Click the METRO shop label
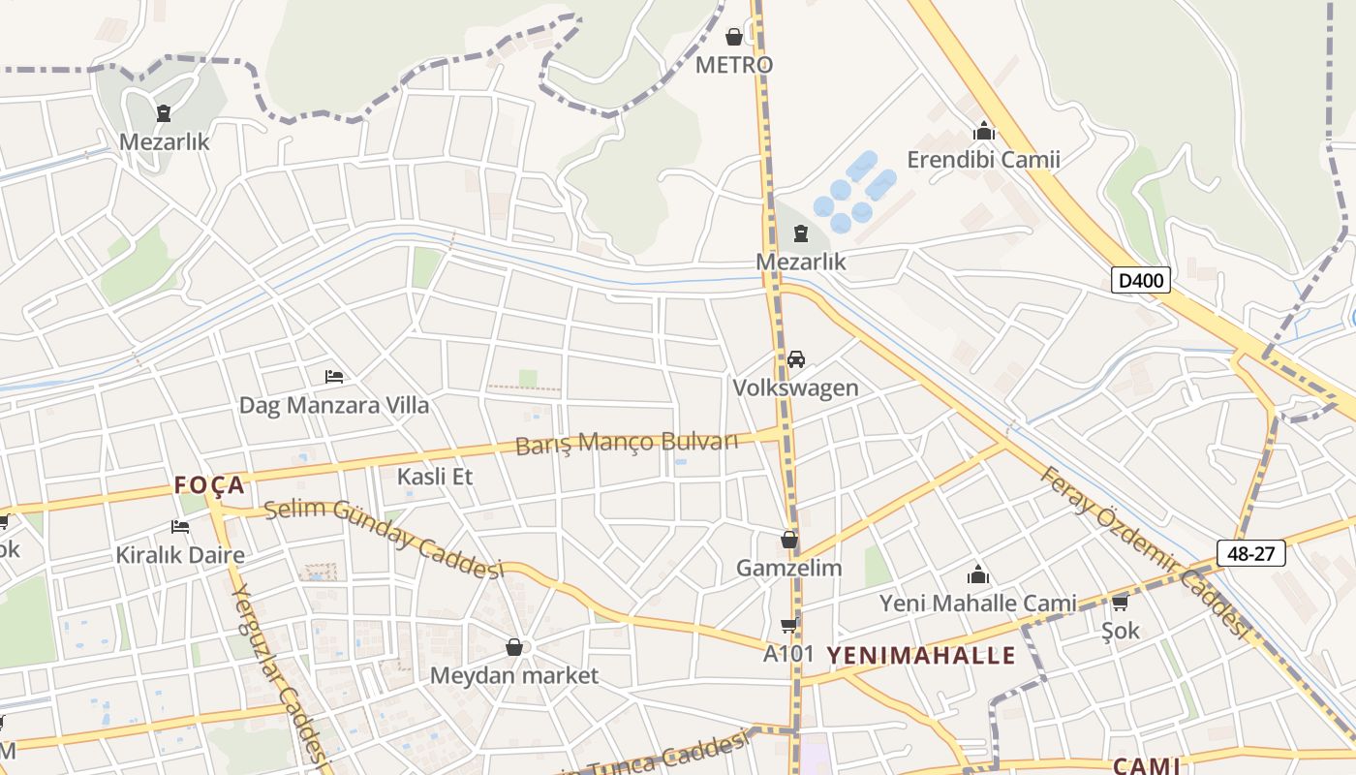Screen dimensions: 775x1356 click(734, 65)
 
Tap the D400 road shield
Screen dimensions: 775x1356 click(1141, 281)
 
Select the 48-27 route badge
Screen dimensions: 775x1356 click(1250, 553)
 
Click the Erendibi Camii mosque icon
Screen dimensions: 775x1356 click(984, 131)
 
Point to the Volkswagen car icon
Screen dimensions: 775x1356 click(795, 359)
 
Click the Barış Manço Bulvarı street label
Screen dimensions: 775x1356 click(626, 443)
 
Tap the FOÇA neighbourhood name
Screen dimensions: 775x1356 click(209, 484)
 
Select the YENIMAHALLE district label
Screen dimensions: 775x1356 click(920, 655)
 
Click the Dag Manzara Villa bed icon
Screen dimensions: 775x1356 click(334, 376)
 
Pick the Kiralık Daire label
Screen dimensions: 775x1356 click(180, 555)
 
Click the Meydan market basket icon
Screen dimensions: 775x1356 click(514, 646)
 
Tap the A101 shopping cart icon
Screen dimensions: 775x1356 click(789, 626)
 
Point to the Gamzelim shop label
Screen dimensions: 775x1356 click(788, 568)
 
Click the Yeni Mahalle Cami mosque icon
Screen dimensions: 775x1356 click(978, 574)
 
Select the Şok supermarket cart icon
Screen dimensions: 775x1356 click(1120, 603)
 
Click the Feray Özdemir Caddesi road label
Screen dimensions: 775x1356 click(1146, 552)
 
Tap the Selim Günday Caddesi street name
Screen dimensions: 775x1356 click(385, 538)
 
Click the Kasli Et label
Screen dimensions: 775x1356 click(435, 476)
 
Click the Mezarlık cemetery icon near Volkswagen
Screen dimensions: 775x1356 click(800, 233)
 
